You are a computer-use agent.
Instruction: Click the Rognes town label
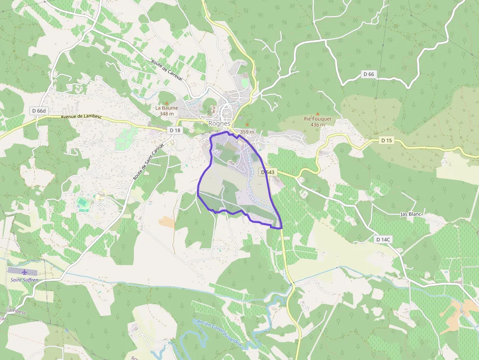point(219,124)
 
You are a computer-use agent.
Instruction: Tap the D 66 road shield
point(369,74)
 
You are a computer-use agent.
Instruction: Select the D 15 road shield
point(386,141)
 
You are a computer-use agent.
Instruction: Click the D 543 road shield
point(267,172)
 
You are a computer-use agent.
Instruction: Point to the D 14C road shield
point(383,239)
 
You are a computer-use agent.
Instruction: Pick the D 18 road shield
point(174,130)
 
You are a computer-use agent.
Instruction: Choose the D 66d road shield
point(39,111)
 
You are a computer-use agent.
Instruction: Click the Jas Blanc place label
point(411,214)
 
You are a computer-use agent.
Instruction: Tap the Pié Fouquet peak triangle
point(318,113)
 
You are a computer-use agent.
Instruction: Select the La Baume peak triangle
point(167,103)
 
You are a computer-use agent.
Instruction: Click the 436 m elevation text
point(318,125)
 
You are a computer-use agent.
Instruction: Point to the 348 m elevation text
point(167,114)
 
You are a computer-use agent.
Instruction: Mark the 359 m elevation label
point(247,132)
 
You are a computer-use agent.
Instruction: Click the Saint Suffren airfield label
point(24,280)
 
